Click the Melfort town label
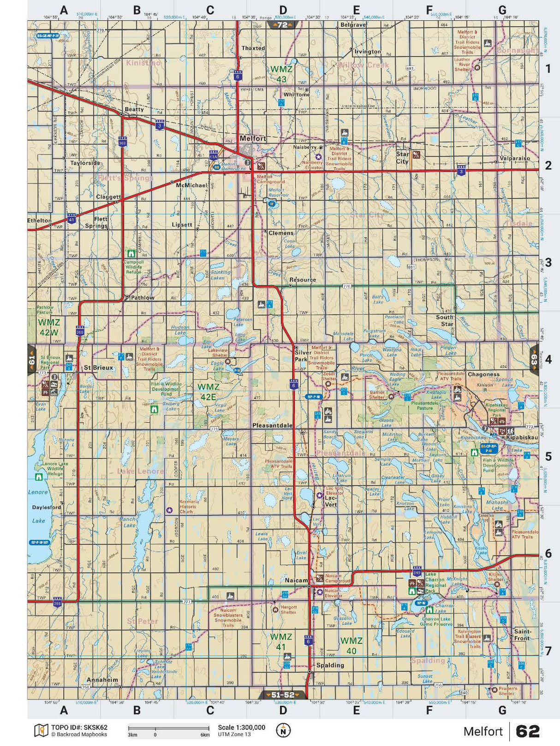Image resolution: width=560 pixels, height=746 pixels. point(253,138)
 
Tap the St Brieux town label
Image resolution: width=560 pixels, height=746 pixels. point(98,367)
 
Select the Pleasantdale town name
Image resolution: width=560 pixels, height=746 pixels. point(272,425)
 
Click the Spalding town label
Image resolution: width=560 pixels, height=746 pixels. point(330,665)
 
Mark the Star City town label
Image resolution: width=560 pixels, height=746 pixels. point(402,158)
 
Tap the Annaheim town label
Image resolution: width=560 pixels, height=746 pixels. point(102,680)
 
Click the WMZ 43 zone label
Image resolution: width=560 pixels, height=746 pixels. point(281,74)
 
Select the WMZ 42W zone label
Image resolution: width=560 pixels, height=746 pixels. point(48,326)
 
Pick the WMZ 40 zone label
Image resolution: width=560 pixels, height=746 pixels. point(351,645)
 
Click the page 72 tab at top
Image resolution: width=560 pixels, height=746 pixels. point(282,25)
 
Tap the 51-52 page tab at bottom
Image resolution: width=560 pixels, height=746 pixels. point(282,695)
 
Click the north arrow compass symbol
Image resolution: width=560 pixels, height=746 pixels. point(283,730)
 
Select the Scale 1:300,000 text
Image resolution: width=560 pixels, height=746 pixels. point(241,728)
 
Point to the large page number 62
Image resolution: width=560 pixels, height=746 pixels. point(527,731)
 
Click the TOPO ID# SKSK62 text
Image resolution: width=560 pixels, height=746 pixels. point(79,728)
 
